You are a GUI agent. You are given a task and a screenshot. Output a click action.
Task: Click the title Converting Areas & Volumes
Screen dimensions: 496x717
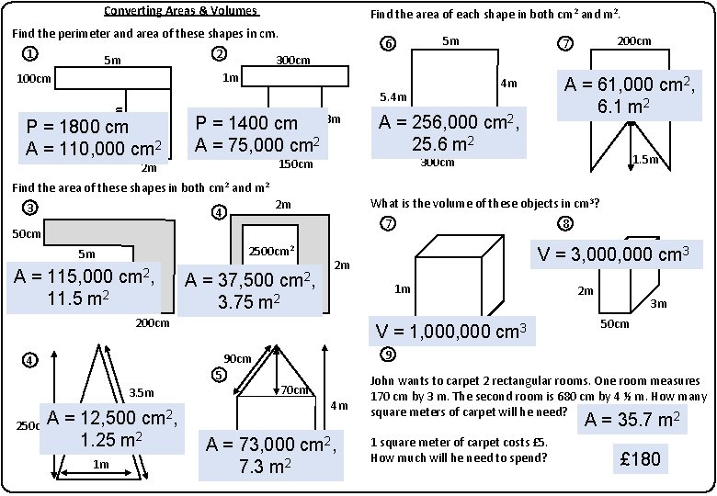[x=181, y=11]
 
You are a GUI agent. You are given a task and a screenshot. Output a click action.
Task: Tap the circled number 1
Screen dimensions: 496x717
[x=30, y=53]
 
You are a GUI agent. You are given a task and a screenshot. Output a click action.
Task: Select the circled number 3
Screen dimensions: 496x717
[x=30, y=208]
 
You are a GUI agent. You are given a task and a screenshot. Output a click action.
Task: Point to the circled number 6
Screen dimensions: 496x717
[x=389, y=45]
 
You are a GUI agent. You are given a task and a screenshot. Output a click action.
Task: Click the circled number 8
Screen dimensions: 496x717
[x=565, y=224]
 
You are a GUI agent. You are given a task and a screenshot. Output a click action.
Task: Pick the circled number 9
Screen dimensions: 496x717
[x=389, y=355]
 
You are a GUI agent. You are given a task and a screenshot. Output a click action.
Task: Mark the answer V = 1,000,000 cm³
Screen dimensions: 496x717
[x=450, y=332]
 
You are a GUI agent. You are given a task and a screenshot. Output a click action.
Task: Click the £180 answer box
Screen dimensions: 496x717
[x=641, y=458]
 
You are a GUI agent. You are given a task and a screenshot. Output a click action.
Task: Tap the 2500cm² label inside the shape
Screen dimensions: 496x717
[x=272, y=250]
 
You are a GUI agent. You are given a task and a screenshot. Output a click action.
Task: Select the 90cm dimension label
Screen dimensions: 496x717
[x=238, y=357]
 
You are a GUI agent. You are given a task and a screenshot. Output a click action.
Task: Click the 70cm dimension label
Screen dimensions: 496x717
[x=294, y=389]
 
